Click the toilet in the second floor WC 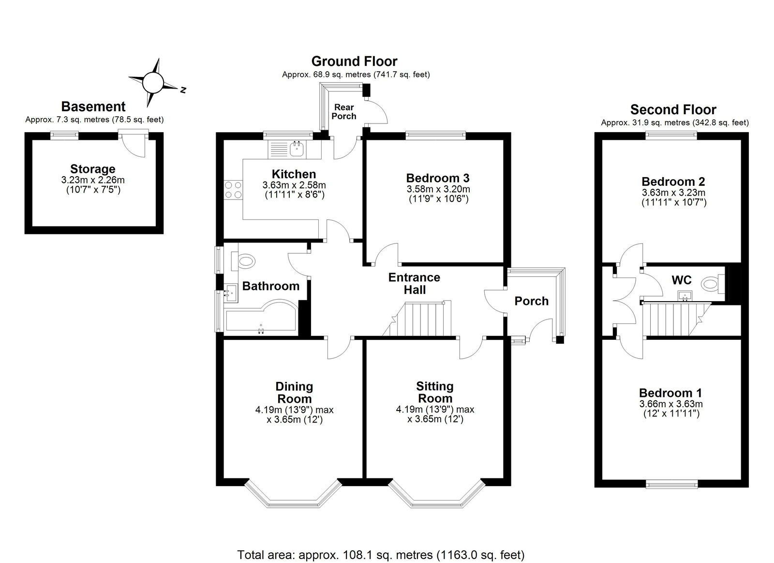pyautogui.click(x=713, y=284)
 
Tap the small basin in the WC pyautogui.click(x=685, y=295)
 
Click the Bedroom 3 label pyautogui.click(x=438, y=178)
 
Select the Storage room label pyautogui.click(x=93, y=169)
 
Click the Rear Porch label pyautogui.click(x=344, y=111)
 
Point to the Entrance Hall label pyautogui.click(x=414, y=283)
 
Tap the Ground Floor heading pyautogui.click(x=354, y=61)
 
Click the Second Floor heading pyautogui.click(x=673, y=109)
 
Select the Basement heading pyautogui.click(x=93, y=107)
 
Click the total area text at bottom pyautogui.click(x=381, y=554)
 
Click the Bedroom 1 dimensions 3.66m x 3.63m pyautogui.click(x=671, y=404)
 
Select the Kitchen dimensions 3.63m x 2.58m pyautogui.click(x=294, y=185)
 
